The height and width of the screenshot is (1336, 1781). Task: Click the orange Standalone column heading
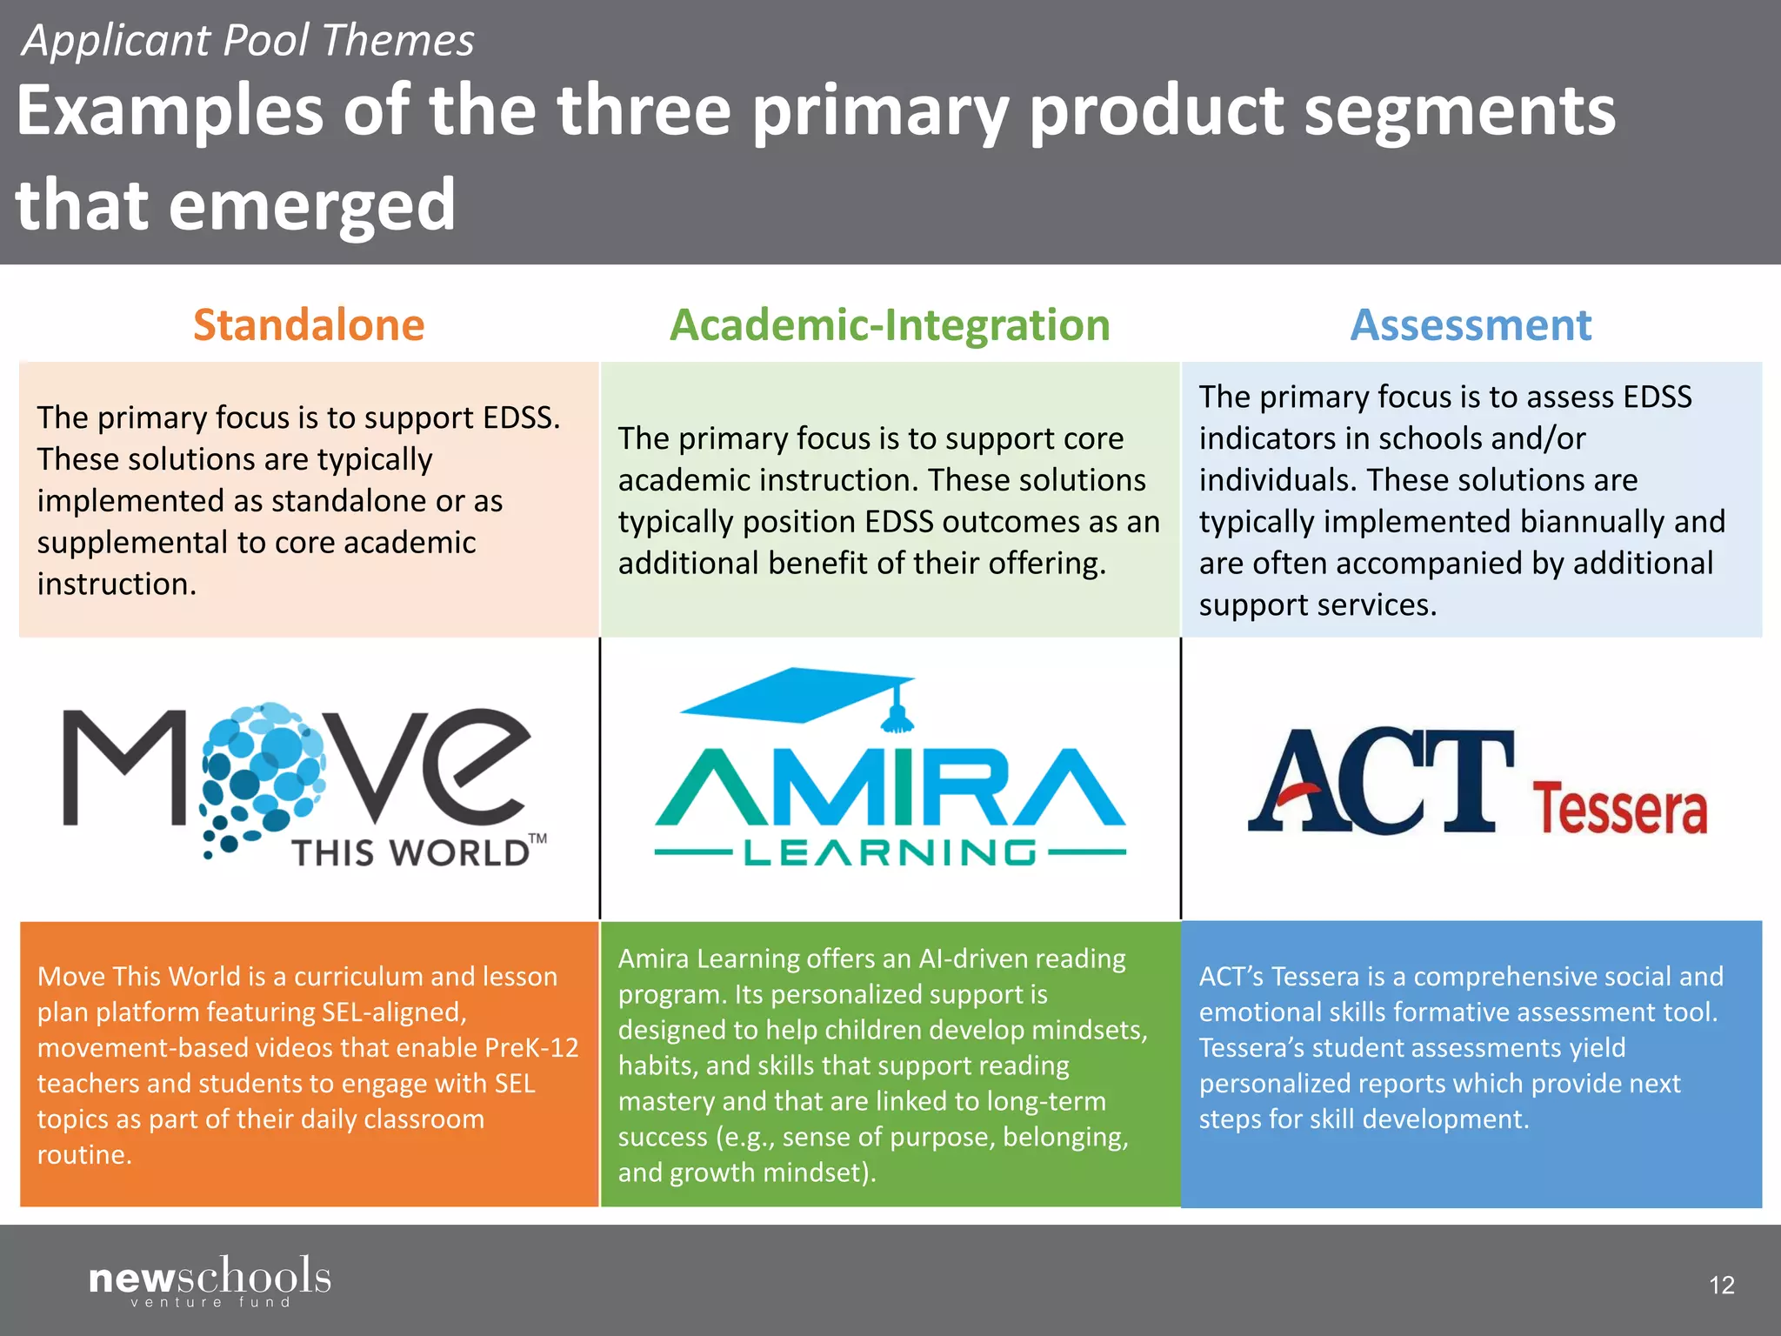coord(309,325)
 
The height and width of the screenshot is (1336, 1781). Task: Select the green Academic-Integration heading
coord(890,325)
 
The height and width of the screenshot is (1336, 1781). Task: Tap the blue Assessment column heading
coord(1471,325)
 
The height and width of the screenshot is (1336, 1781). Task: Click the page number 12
coord(1721,1285)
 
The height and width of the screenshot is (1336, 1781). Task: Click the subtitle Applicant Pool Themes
coord(249,41)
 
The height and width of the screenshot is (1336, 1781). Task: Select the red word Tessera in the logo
coord(1619,809)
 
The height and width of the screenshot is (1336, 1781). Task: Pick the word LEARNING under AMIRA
coord(890,853)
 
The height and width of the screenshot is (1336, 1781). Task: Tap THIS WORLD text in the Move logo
coord(410,853)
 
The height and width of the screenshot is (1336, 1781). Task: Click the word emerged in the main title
coord(311,205)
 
